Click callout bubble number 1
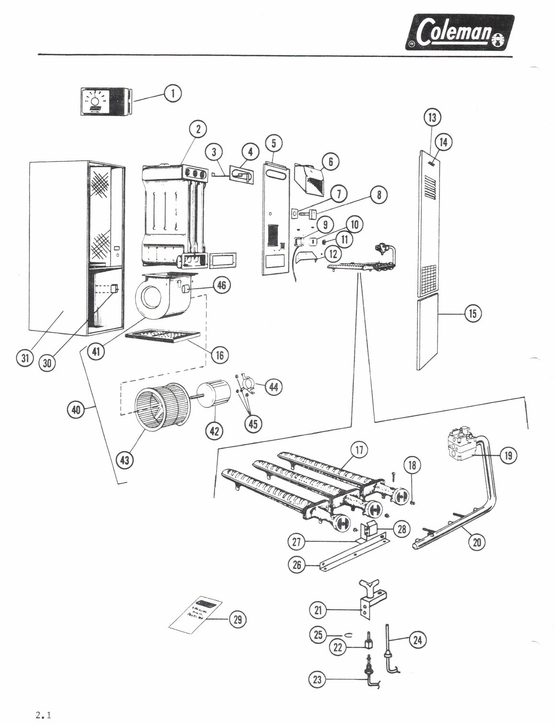coord(173,93)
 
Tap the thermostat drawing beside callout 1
coord(103,101)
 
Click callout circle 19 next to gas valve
coord(508,455)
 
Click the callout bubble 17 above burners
coord(359,450)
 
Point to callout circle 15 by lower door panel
coord(473,314)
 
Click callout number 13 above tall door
coord(432,117)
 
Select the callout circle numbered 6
coord(330,162)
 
